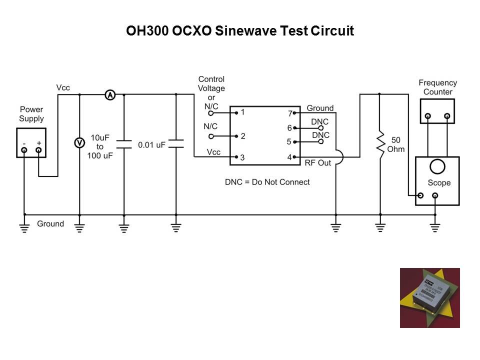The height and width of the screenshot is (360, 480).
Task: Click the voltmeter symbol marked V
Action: (79, 142)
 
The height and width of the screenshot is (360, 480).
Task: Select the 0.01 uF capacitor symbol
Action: (176, 144)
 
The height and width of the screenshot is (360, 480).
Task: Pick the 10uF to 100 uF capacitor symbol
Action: (124, 144)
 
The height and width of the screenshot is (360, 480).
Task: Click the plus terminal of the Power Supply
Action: (38, 149)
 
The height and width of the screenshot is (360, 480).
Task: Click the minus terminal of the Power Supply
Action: (23, 149)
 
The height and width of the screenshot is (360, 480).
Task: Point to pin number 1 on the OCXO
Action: (242, 112)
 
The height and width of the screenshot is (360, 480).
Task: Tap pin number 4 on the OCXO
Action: (289, 157)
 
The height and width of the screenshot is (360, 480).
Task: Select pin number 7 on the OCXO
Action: (289, 113)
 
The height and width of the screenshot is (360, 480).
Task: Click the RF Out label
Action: (318, 163)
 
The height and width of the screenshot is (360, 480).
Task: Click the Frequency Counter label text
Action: (437, 87)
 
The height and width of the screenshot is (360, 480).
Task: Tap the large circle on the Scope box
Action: (437, 167)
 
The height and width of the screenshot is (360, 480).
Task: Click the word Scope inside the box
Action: (438, 183)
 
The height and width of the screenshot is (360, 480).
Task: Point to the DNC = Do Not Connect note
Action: (267, 182)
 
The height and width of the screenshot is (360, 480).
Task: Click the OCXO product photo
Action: (429, 297)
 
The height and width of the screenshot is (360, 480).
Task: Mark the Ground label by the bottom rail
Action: (50, 223)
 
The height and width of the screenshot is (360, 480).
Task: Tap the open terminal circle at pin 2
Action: (211, 136)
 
